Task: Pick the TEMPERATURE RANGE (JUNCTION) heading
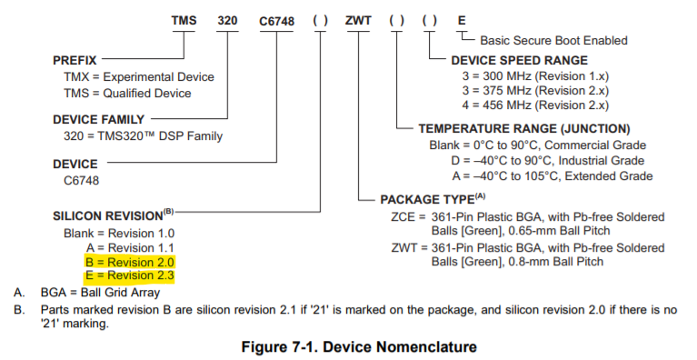(523, 129)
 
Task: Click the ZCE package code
(402, 216)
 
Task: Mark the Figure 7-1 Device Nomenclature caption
(348, 346)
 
